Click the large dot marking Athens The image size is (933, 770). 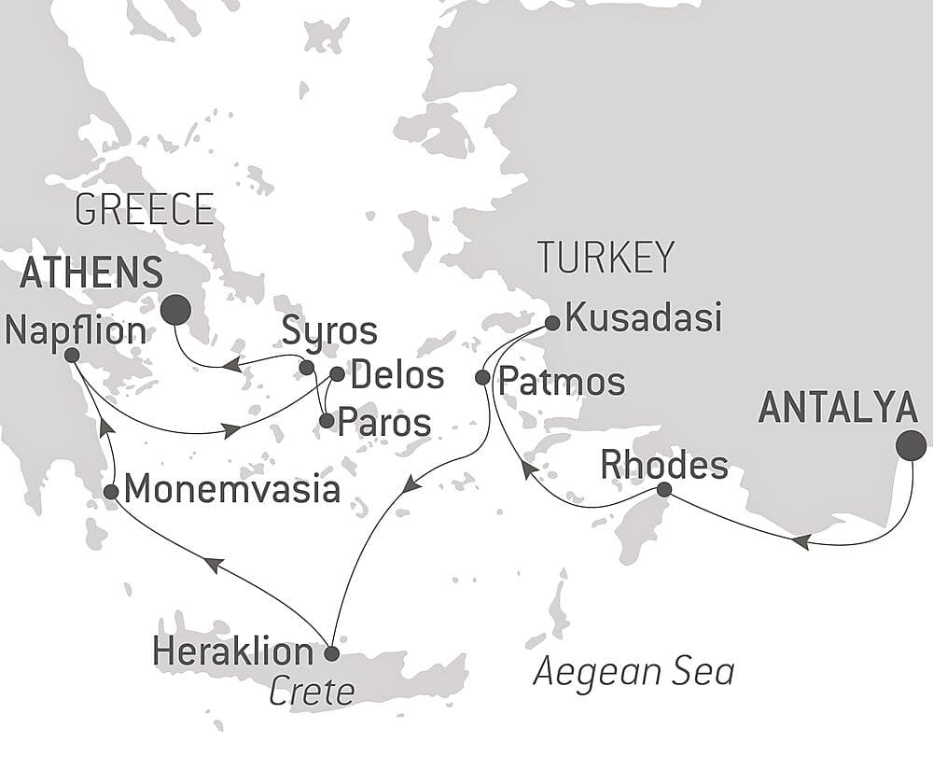click(x=175, y=309)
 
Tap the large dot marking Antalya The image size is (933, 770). click(x=911, y=447)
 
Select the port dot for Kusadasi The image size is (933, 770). click(x=551, y=323)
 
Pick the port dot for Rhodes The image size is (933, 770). click(x=663, y=490)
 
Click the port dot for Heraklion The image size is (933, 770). click(x=330, y=651)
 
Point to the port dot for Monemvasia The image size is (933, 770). click(x=110, y=491)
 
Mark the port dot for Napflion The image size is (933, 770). click(x=72, y=355)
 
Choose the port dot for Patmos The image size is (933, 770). click(x=482, y=378)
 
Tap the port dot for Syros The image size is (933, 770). click(x=306, y=367)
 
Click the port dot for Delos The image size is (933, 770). click(x=337, y=374)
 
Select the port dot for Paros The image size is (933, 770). click(x=326, y=421)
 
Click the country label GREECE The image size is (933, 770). click(x=145, y=210)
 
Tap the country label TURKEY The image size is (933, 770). click(x=605, y=258)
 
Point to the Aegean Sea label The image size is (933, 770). click(x=634, y=672)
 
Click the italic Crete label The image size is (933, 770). click(x=312, y=692)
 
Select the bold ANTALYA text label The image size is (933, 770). click(x=838, y=409)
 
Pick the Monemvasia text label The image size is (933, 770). click(x=231, y=489)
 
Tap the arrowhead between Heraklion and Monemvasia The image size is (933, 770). click(x=213, y=565)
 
